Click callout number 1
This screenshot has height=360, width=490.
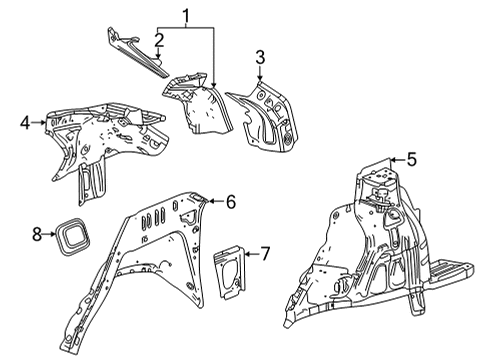[x=184, y=15]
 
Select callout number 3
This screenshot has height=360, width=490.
[x=259, y=56]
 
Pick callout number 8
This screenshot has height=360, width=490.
[x=37, y=234]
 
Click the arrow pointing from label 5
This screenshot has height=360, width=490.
[x=391, y=158]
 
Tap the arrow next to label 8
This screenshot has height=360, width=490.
[x=51, y=234]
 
